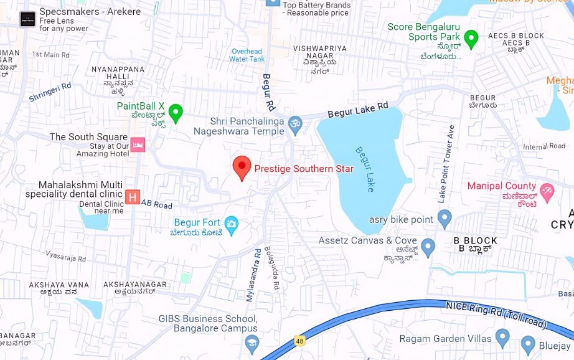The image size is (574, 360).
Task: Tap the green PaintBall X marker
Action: (x=176, y=113)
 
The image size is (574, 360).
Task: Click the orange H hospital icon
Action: (x=132, y=197)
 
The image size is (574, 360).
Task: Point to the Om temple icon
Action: (x=295, y=123)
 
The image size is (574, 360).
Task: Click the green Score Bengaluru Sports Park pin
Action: (x=471, y=39)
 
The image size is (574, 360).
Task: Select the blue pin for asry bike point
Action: (x=444, y=219)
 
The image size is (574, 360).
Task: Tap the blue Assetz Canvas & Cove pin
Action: (x=428, y=247)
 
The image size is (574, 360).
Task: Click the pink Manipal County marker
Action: (x=547, y=192)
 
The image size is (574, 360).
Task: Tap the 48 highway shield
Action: (x=300, y=342)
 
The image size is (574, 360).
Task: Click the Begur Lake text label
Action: (x=364, y=169)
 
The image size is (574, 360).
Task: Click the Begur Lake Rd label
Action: (x=358, y=111)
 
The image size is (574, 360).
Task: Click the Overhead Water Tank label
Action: (x=247, y=55)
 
